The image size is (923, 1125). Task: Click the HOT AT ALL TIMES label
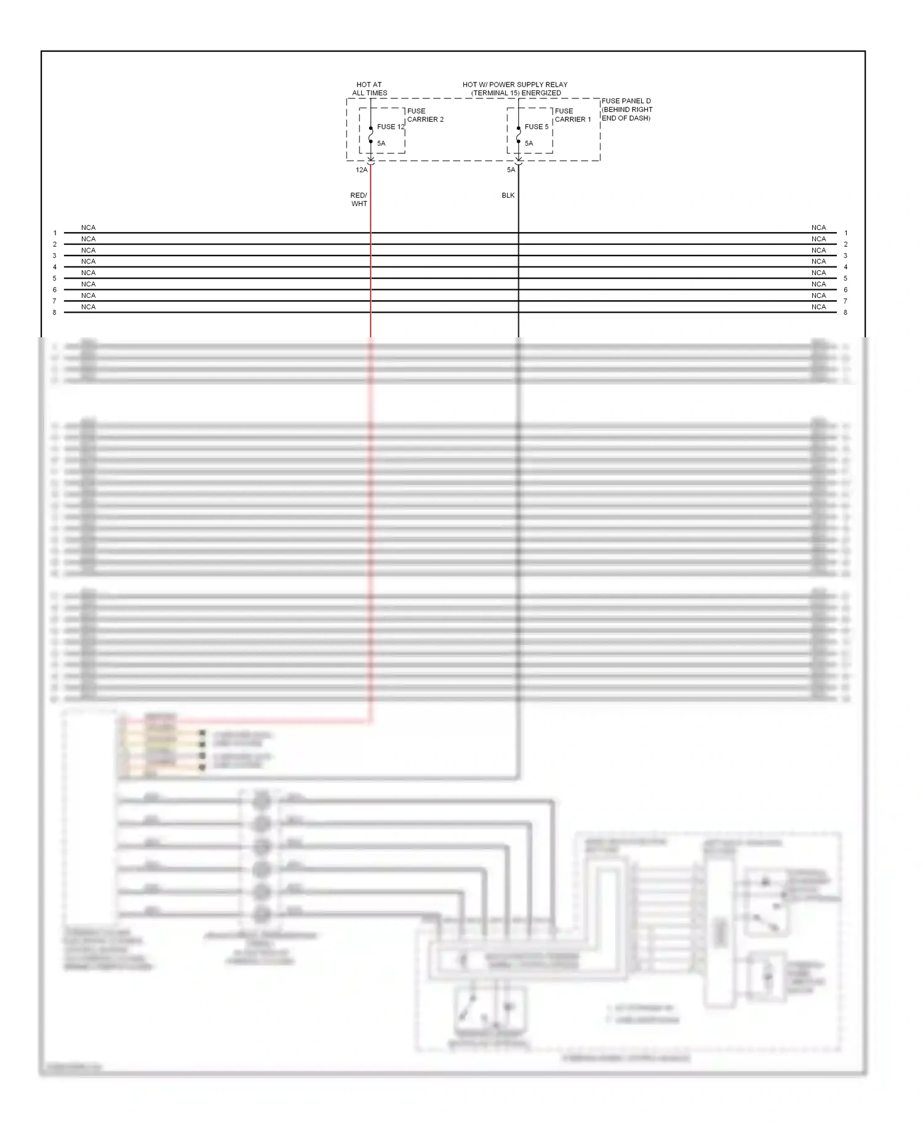coord(369,89)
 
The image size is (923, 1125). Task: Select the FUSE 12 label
coord(391,127)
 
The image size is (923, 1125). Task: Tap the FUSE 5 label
coord(536,127)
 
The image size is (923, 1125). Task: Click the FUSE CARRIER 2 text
coord(425,115)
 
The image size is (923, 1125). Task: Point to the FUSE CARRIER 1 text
coord(572,115)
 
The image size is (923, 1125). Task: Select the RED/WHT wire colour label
coord(359,199)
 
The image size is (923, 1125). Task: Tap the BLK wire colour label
coord(508,195)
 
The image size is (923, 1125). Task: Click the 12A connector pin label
coord(361,170)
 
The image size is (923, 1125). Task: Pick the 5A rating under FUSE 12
coord(382,143)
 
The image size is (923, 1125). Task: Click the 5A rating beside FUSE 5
coord(529,143)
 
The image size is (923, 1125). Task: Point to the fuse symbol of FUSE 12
coord(370,135)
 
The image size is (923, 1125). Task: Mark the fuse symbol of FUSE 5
coord(518,135)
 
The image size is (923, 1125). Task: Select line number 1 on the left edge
coord(55,233)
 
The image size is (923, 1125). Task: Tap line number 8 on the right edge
coord(845,313)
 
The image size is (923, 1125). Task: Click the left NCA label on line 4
coord(88,262)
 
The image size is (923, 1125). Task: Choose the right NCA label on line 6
coord(818,284)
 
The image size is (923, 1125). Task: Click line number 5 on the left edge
coord(55,278)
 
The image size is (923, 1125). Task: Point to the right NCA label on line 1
coord(818,228)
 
